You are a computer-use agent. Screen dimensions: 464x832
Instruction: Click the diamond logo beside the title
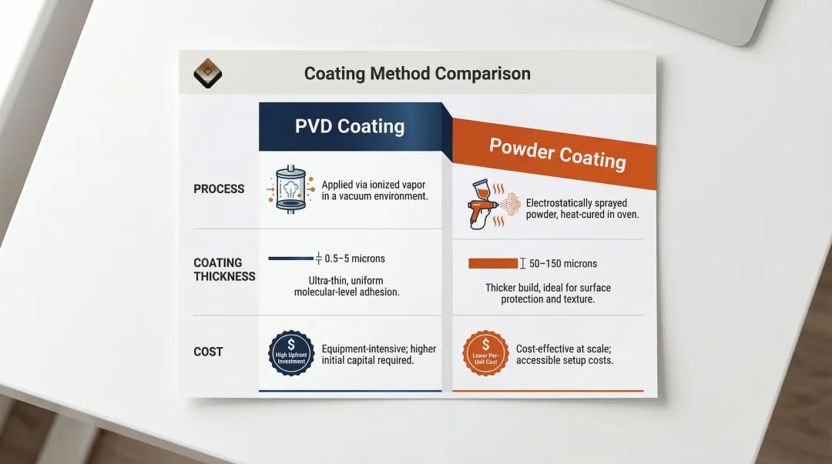point(207,74)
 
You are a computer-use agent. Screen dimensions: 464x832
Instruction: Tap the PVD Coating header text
point(350,126)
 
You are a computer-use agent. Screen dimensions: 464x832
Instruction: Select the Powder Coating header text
point(557,153)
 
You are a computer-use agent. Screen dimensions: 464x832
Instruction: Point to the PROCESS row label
point(219,189)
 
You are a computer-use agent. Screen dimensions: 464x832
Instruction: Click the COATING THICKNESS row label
point(223,269)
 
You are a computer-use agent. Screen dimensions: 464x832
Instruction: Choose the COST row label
point(208,352)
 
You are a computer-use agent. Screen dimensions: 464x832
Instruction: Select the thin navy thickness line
point(290,259)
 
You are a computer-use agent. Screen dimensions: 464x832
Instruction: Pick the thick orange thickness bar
point(493,263)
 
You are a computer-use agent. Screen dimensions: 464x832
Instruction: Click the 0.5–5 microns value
point(355,259)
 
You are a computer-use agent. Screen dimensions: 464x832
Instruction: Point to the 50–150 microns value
point(563,263)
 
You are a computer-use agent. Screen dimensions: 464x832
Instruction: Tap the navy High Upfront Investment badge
point(291,352)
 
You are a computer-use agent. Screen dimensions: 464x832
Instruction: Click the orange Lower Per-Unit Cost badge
point(485,354)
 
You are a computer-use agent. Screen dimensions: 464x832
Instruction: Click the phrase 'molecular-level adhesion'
point(347,292)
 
